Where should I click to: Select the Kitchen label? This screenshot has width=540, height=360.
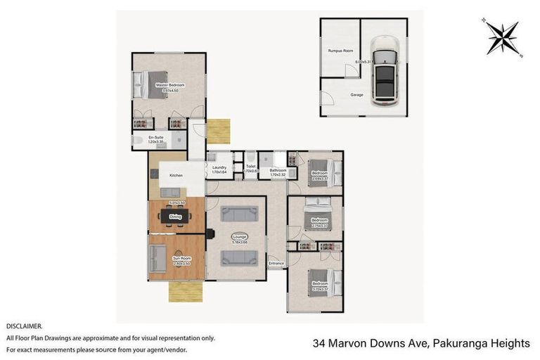click(176, 175)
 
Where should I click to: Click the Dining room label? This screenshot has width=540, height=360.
click(176, 217)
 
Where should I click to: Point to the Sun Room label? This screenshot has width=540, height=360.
click(181, 259)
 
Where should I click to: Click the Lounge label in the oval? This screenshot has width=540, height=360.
click(238, 236)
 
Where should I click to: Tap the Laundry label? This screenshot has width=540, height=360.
click(219, 167)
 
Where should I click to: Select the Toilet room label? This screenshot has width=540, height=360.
click(250, 167)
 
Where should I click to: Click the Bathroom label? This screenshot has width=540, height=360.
click(278, 170)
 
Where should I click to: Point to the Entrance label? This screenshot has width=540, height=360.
click(276, 264)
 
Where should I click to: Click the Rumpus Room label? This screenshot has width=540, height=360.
click(340, 51)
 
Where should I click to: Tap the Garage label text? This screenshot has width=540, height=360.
click(357, 94)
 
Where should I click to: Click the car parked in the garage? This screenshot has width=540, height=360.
click(384, 68)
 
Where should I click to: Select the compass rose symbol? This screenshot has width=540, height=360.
click(503, 37)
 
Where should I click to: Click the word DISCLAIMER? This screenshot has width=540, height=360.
click(25, 326)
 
